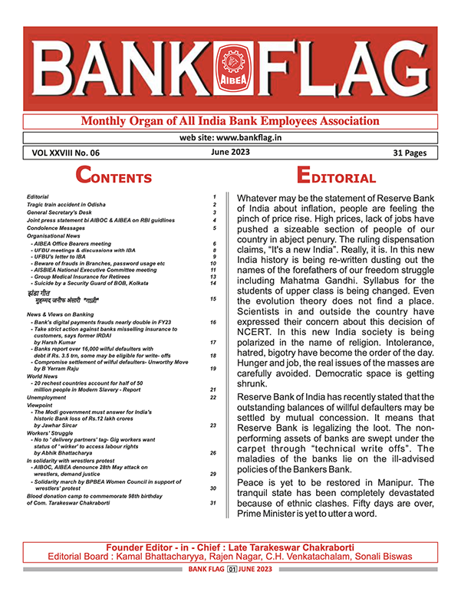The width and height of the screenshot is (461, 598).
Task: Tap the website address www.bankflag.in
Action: [229, 137]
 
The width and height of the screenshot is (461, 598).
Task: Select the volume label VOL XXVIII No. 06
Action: [66, 153]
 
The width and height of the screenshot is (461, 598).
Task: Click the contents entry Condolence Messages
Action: [58, 228]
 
